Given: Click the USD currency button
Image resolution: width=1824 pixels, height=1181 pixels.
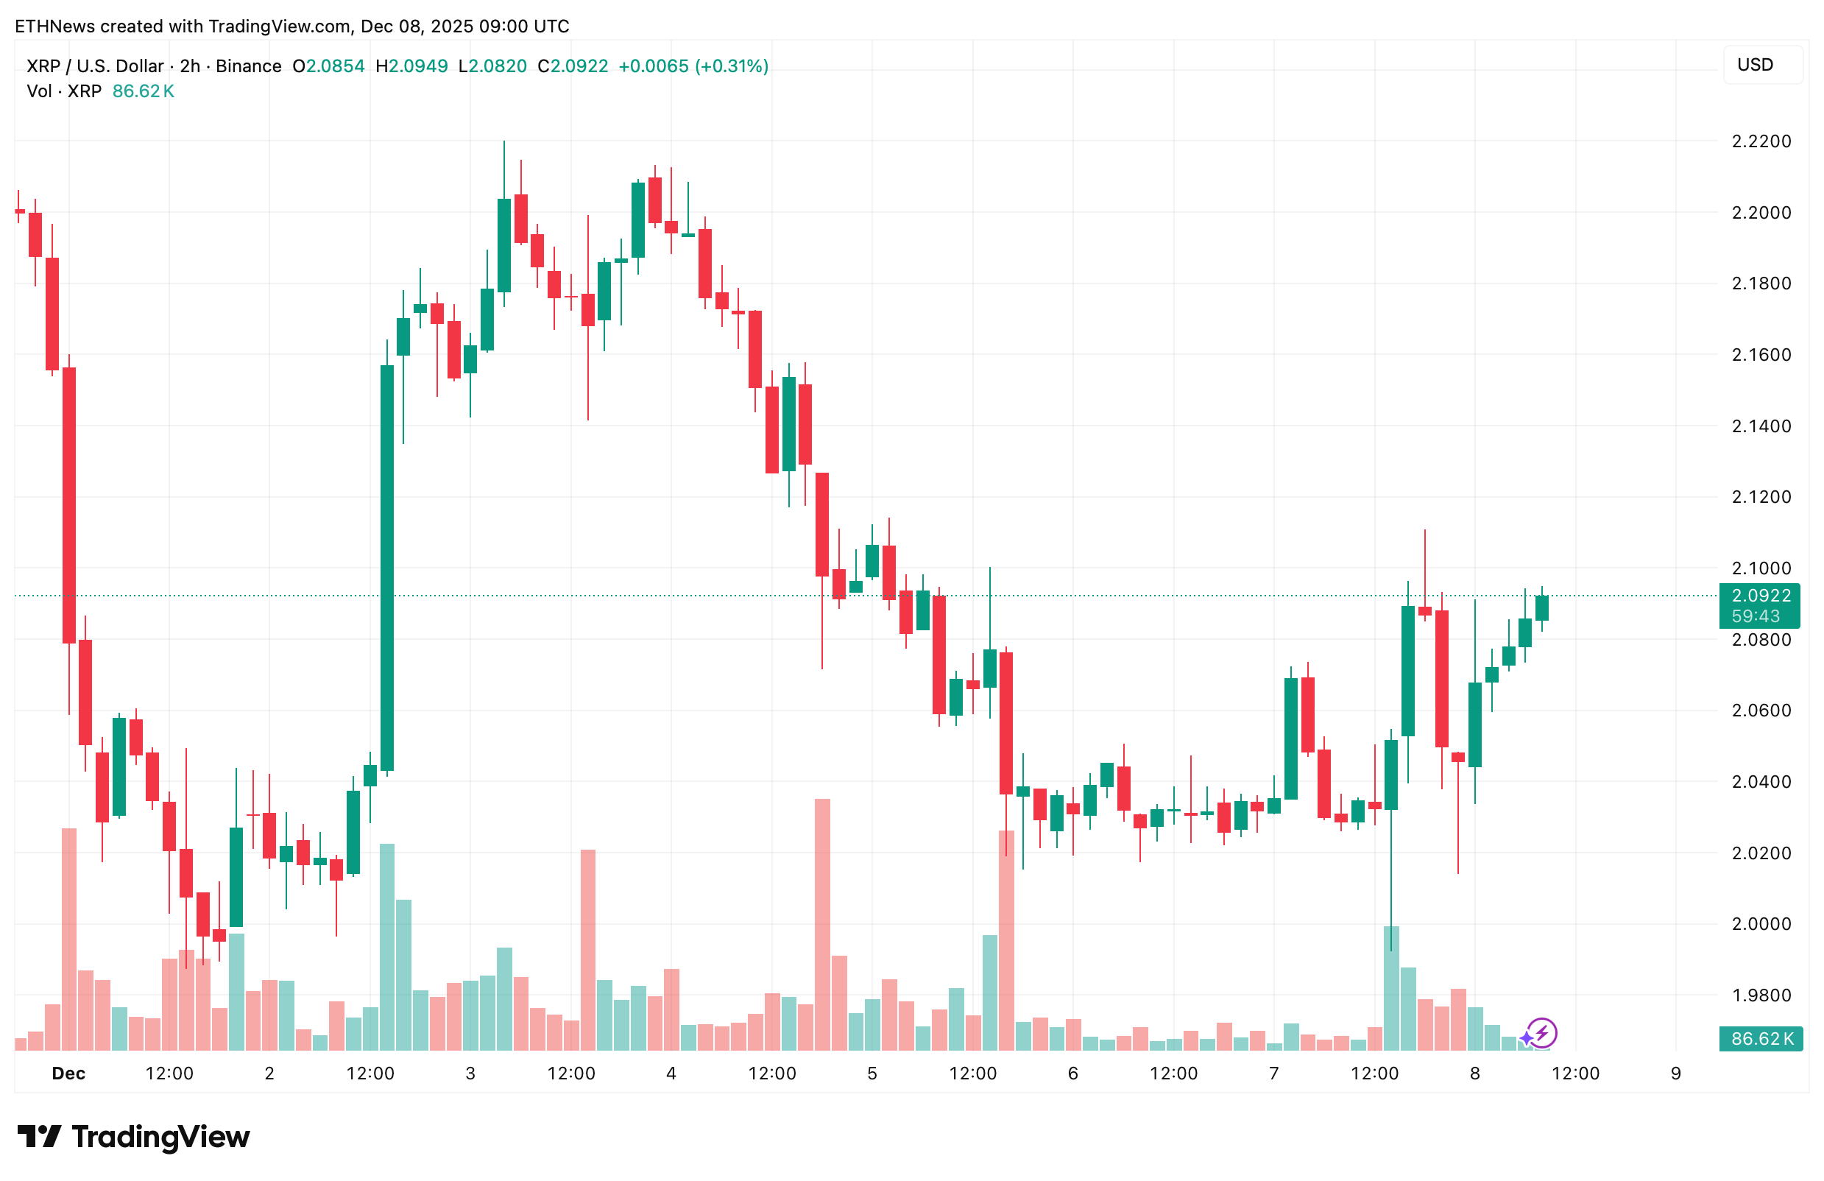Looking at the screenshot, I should point(1761,65).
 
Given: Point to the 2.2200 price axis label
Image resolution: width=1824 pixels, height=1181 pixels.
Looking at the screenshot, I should point(1761,142).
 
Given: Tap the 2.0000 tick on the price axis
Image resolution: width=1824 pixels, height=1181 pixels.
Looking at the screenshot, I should point(1761,924).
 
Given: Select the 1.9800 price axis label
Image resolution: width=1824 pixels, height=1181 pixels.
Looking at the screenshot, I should point(1761,995).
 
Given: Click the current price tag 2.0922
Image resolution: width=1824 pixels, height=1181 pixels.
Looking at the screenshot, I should point(1761,596).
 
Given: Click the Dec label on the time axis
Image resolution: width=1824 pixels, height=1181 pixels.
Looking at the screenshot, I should point(68,1074).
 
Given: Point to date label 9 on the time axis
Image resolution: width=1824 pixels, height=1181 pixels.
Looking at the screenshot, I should point(1675,1074).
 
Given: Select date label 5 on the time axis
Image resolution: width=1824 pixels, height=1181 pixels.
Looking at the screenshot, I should point(872,1074).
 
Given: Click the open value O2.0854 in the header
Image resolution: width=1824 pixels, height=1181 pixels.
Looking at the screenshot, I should point(329,67).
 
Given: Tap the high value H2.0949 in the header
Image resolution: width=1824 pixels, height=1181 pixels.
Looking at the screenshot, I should point(411,67).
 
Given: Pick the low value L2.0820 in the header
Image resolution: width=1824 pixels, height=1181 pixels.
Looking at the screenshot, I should point(492,67).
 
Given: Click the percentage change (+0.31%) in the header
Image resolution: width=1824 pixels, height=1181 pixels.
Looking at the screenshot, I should point(731,67).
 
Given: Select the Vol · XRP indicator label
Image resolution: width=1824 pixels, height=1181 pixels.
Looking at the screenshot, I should point(64,92).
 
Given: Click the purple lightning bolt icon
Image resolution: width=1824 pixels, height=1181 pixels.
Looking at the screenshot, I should point(1541,1033).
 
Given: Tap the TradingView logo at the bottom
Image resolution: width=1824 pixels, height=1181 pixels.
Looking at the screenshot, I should point(134,1138).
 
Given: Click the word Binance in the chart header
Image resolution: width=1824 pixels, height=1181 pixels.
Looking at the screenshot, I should point(248,67).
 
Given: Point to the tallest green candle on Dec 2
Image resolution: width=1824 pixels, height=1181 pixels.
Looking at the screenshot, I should point(387,567).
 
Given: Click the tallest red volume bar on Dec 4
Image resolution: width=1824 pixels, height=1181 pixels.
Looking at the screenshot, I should point(822,923).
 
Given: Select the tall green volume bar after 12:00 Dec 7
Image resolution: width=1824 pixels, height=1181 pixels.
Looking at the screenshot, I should point(1391,989).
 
